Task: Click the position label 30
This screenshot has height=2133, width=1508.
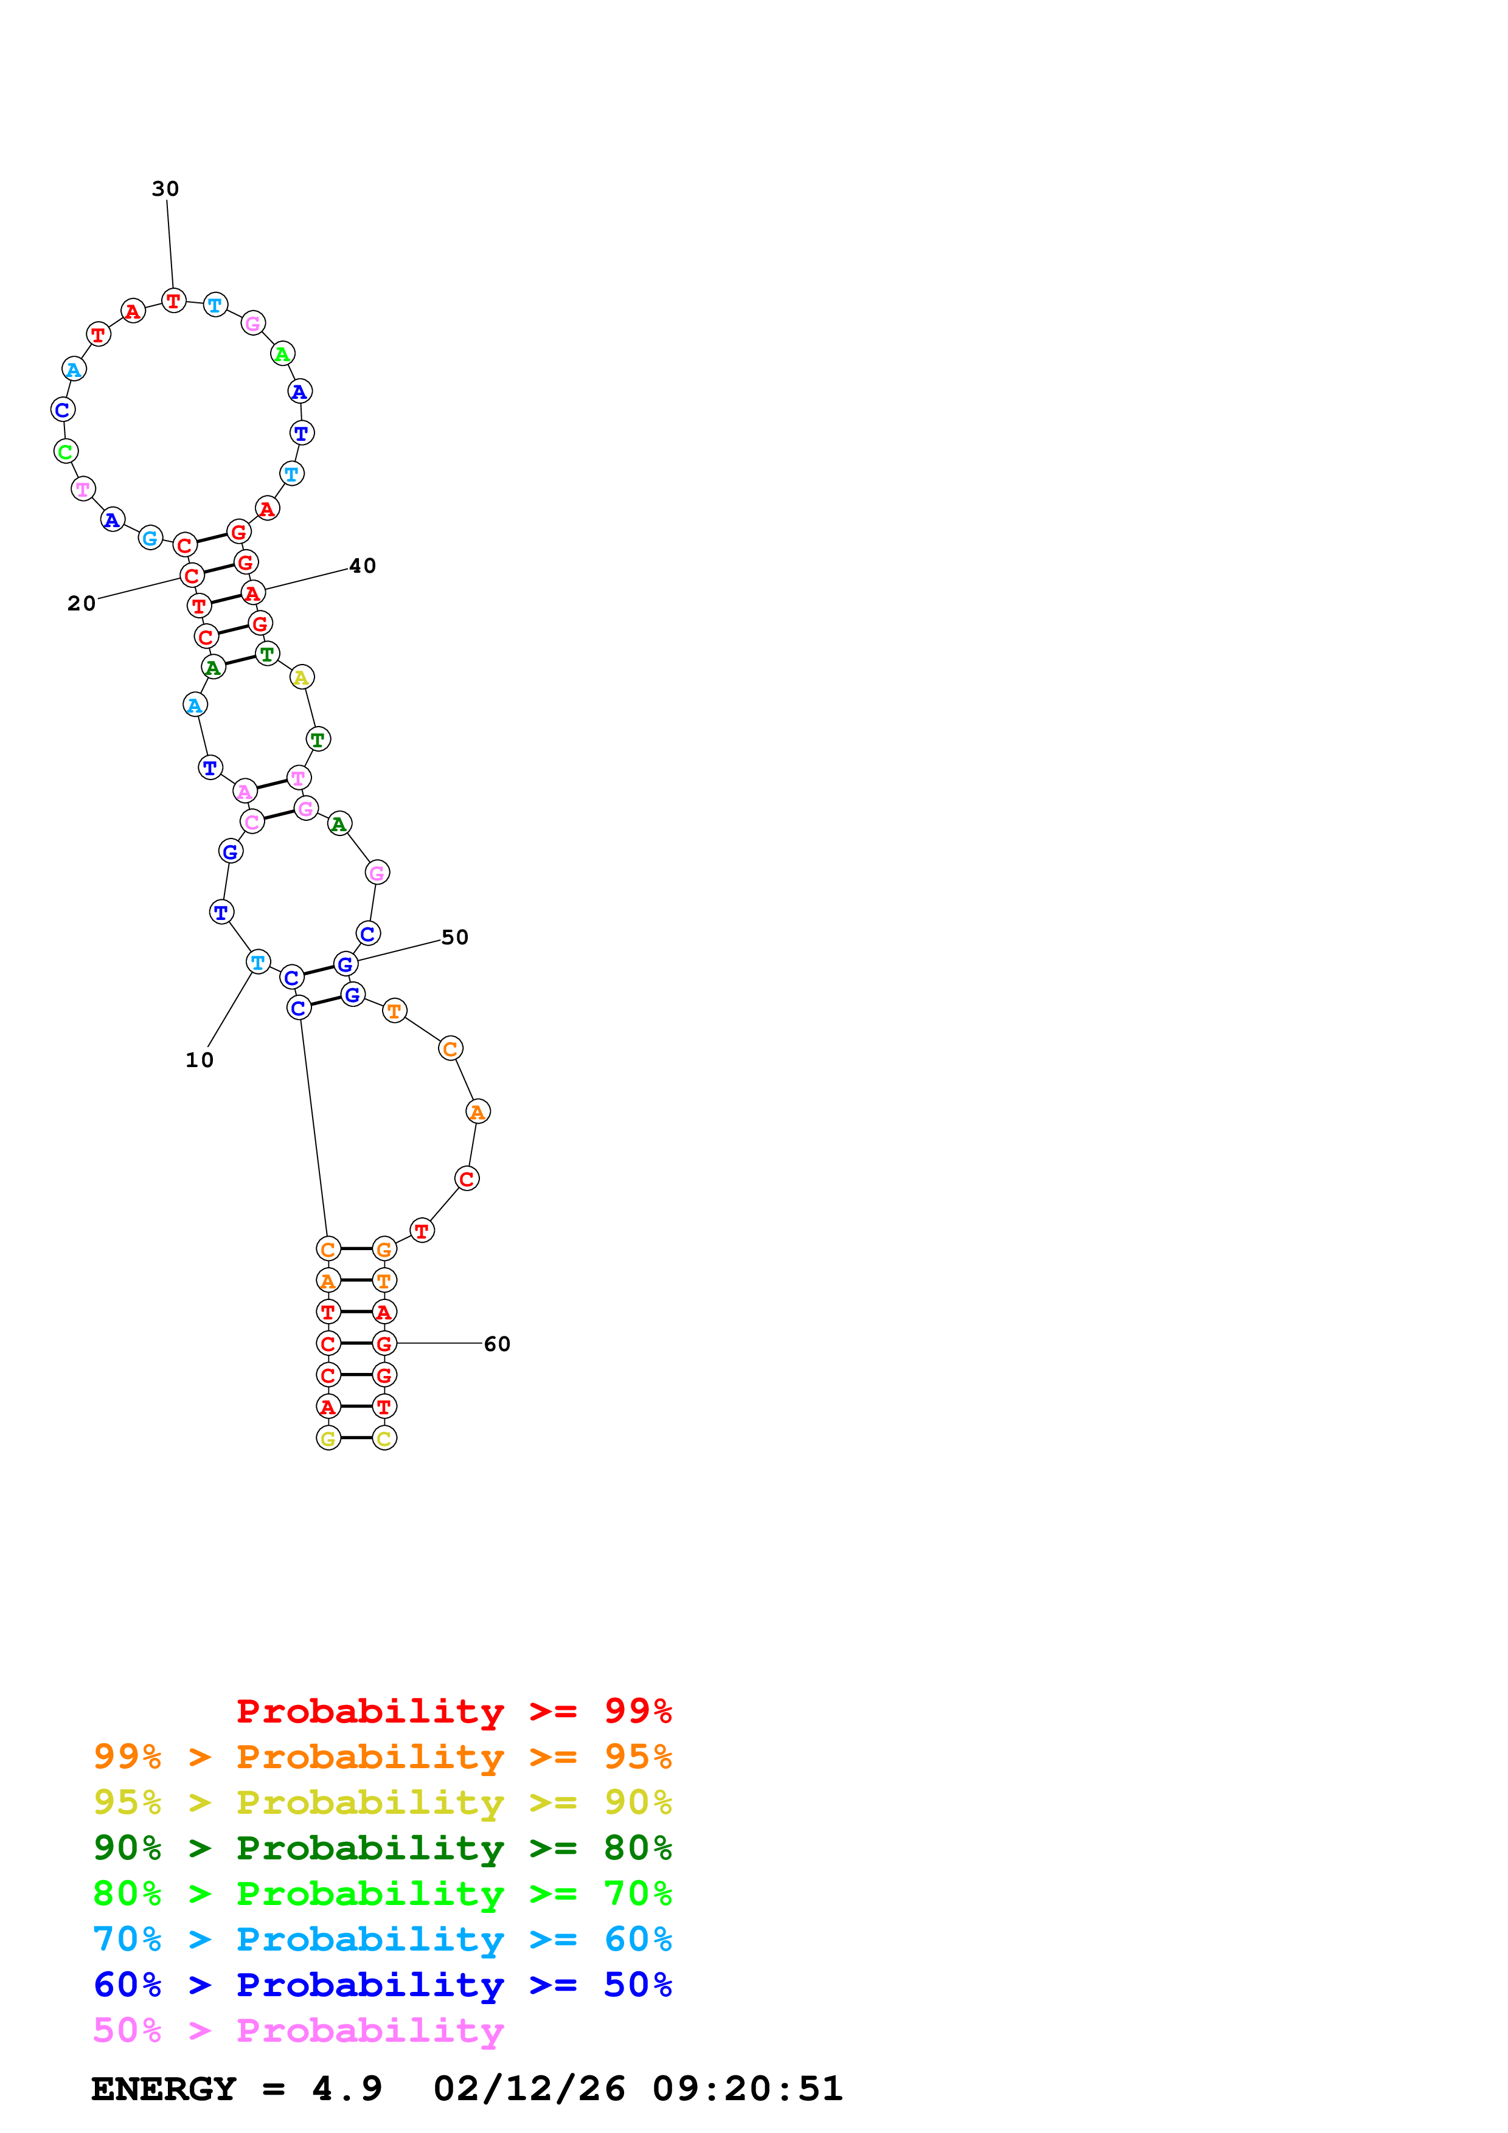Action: point(165,188)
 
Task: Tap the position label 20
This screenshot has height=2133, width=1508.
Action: point(82,604)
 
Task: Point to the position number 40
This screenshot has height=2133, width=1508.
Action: point(363,565)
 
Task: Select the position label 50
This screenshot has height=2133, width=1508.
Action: point(454,938)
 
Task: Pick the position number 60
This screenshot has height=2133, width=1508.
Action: point(497,1344)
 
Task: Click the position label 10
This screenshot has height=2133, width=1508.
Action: point(200,1060)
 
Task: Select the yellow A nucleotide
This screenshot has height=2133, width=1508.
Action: point(301,678)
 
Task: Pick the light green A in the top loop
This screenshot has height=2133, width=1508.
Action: point(282,354)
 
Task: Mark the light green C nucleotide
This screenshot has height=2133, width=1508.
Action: point(65,452)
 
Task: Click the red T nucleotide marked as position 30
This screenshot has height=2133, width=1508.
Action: point(174,301)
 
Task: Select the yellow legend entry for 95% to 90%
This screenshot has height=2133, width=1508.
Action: point(382,1802)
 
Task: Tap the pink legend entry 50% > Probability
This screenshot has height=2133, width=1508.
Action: point(298,2031)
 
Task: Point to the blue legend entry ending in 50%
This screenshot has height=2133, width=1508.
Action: point(382,1985)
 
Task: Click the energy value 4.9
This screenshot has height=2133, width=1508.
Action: point(347,2089)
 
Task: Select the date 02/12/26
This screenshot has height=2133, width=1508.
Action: point(529,2089)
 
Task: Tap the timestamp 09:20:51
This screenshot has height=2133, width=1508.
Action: point(747,2089)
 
